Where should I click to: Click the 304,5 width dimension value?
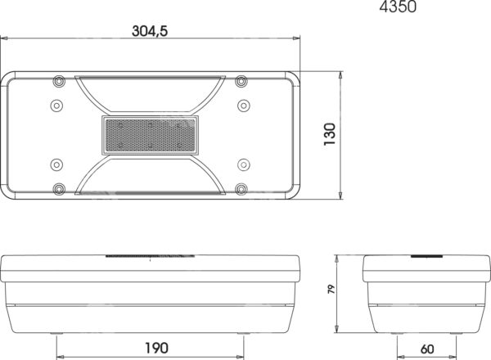(x=150, y=31)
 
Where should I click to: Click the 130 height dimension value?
(x=330, y=134)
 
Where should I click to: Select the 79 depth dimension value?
(x=331, y=289)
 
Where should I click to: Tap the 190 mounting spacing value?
(x=156, y=348)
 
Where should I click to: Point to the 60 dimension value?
(x=427, y=349)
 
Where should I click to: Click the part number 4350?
(x=398, y=7)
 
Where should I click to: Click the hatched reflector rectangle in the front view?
(x=151, y=135)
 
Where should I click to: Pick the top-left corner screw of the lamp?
(x=59, y=81)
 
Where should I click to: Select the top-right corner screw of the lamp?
(x=241, y=81)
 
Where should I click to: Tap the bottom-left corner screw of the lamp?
(x=59, y=189)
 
